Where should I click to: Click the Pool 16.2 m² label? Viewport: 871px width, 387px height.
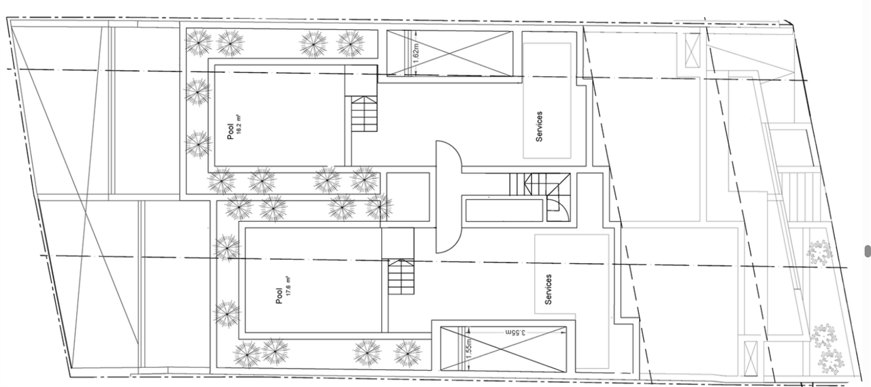click(234, 127)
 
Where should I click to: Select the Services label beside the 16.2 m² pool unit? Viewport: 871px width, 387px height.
click(539, 126)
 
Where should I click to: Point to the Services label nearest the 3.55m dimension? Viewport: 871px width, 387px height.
click(548, 289)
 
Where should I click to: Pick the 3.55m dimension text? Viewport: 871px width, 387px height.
click(519, 333)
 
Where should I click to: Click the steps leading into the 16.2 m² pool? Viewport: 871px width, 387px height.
click(363, 114)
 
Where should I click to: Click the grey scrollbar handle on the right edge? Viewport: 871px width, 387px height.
click(868, 251)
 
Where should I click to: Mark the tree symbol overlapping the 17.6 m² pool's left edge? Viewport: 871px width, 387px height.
click(227, 247)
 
